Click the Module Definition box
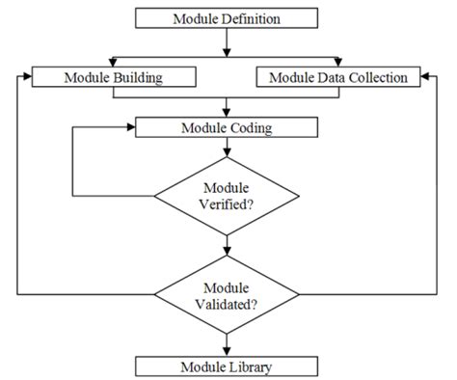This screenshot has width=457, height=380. pyautogui.click(x=228, y=17)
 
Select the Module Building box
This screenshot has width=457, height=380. pyautogui.click(x=114, y=75)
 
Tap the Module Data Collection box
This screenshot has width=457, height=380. pyautogui.click(x=338, y=75)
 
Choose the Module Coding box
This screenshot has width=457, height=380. pyautogui.click(x=228, y=125)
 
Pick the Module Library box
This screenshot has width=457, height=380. pyautogui.click(x=228, y=366)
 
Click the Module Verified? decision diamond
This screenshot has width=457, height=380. pyautogui.click(x=228, y=197)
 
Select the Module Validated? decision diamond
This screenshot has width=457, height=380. pyautogui.click(x=228, y=292)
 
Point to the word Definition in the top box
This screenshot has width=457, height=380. pyautogui.click(x=255, y=17)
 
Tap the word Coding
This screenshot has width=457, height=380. pyautogui.click(x=254, y=125)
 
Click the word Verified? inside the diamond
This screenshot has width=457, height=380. pyautogui.click(x=228, y=204)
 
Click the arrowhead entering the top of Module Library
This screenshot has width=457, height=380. pyautogui.click(x=228, y=351)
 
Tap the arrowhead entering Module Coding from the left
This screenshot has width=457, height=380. pyautogui.click(x=131, y=125)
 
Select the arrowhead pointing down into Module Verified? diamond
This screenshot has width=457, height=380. pyautogui.click(x=228, y=152)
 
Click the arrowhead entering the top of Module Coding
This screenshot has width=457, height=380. pyautogui.click(x=228, y=112)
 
